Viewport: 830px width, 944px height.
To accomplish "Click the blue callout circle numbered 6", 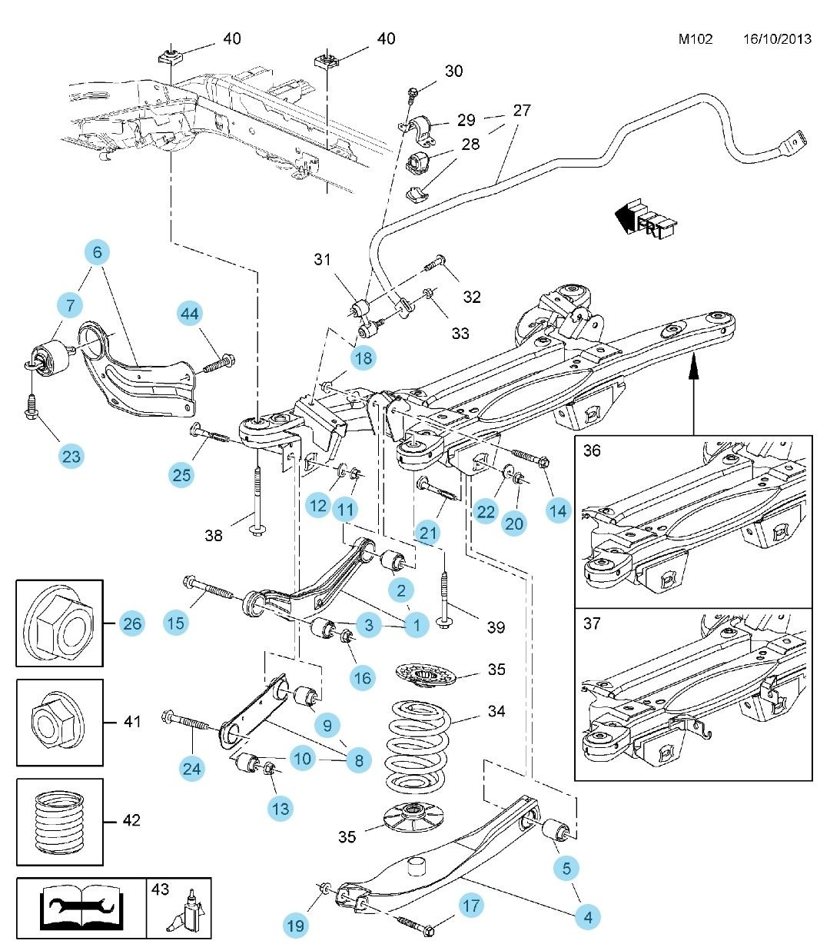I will (97, 252).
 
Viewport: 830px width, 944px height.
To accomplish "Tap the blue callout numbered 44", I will (190, 313).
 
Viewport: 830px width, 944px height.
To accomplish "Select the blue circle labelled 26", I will (132, 623).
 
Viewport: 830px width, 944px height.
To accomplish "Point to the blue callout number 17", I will (471, 906).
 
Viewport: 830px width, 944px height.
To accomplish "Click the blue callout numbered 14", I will (559, 510).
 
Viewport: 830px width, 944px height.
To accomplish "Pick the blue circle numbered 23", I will (71, 457).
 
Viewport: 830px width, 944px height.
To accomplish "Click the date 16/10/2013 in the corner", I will (777, 39).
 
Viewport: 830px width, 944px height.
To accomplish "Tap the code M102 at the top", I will (695, 39).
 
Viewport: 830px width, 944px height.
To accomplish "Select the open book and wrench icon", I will (81, 908).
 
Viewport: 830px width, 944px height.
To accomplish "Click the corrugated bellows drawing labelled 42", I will (60, 822).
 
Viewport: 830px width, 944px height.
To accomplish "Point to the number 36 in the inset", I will (592, 450).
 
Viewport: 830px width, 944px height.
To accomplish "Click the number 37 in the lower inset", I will (592, 623).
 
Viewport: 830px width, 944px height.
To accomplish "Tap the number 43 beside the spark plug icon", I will (160, 889).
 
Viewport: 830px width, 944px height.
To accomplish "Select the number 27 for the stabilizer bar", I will (522, 111).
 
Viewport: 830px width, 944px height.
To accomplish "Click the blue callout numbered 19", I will (296, 926).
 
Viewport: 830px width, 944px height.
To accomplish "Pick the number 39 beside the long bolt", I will (496, 627).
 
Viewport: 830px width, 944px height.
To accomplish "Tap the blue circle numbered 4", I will (588, 917).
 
